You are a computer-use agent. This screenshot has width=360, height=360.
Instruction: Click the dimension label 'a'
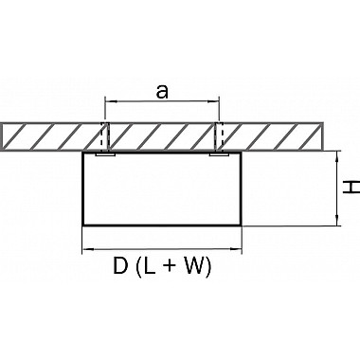162,92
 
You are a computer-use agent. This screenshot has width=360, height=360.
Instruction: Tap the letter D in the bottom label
120,266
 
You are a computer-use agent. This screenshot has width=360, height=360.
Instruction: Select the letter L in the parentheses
151,266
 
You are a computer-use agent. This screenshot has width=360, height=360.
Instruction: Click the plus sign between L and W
170,267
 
